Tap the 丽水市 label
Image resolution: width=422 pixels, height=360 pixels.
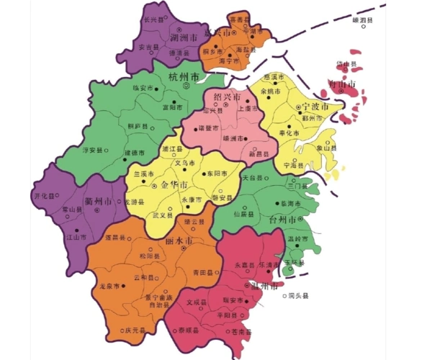178,240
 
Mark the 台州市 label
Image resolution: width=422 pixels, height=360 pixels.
284,220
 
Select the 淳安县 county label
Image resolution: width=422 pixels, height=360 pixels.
94,150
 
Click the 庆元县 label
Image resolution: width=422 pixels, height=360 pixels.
135,331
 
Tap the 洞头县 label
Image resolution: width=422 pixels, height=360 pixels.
297,296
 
